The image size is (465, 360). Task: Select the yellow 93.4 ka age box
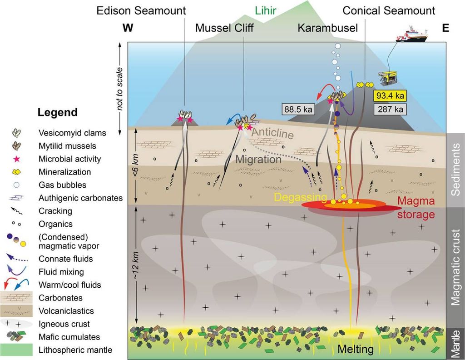390,96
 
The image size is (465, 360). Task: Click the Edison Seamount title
141,10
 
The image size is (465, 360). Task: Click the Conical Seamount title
389,10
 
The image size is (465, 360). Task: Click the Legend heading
58,112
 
